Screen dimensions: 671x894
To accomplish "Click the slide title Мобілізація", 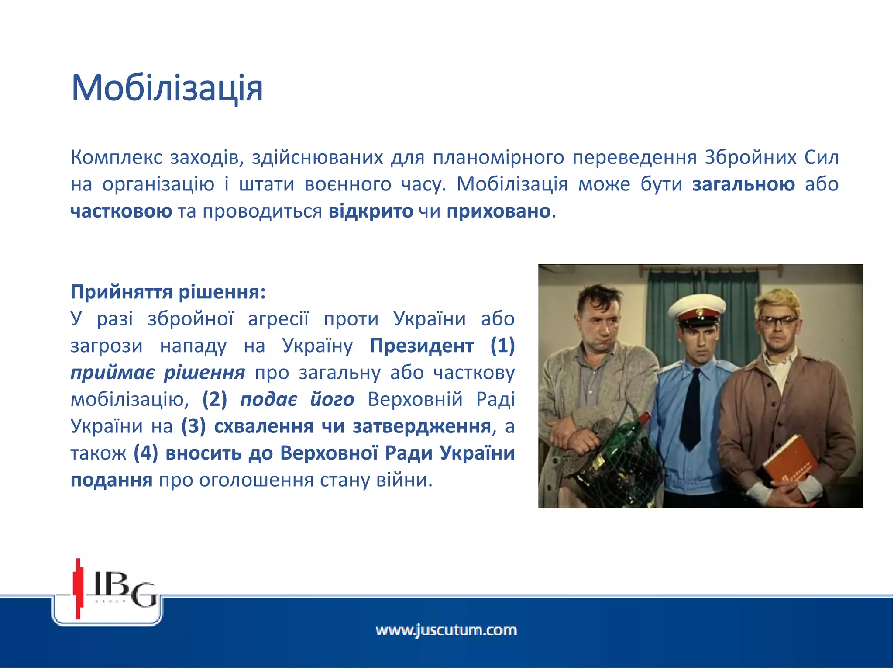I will [167, 89].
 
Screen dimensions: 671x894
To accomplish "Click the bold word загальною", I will [743, 184].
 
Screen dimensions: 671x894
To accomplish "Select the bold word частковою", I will [121, 211].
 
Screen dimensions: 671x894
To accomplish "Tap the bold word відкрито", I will [371, 211].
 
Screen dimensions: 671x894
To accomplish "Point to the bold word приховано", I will [498, 211].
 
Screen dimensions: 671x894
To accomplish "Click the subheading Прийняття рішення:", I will [168, 292].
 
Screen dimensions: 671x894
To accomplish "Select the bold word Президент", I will [421, 346].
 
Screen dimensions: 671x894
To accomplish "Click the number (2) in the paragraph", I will [214, 399].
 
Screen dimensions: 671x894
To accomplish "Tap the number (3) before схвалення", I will [193, 426].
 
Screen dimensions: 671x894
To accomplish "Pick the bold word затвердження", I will [422, 426].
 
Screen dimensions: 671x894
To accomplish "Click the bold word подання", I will [111, 480].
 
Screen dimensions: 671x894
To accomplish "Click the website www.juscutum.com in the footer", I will [446, 630].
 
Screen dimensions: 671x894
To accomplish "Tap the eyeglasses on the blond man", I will [782, 321].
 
